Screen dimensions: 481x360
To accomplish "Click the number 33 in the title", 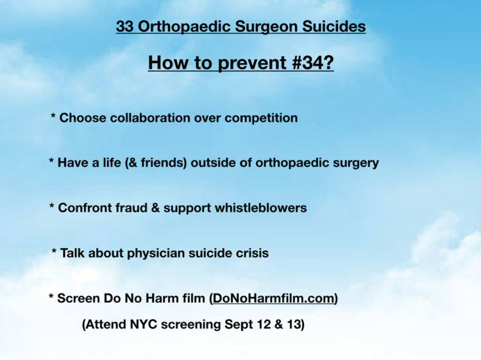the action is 125,26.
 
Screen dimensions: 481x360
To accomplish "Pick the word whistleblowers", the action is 261,208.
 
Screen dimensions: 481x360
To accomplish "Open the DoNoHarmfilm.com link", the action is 273,298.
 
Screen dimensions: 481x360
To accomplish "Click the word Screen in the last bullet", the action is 78,298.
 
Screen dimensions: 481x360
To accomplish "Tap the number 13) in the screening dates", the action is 296,325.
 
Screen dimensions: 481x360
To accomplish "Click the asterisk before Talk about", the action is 54,252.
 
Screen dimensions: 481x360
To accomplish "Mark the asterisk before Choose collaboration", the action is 53,116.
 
